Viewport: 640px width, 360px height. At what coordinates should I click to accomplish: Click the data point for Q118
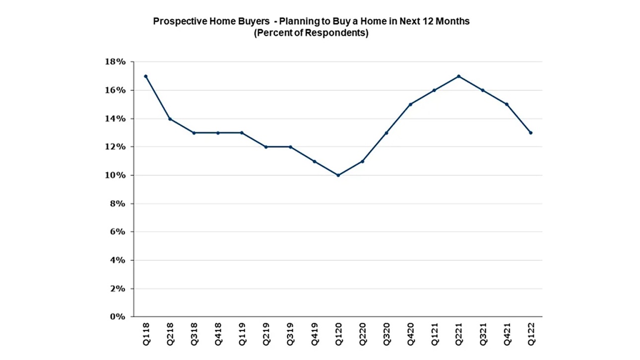pos(145,76)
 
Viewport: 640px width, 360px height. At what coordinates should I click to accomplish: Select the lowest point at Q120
pos(338,175)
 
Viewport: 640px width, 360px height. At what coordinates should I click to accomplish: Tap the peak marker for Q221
pos(459,76)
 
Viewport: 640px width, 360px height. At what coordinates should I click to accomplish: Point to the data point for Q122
pos(531,133)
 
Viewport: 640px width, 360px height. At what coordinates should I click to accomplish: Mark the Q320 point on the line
pos(386,133)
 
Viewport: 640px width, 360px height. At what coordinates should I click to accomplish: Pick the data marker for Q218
pos(170,119)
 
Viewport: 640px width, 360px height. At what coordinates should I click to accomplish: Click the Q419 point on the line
pos(314,161)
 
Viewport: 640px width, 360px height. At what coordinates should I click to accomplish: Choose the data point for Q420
pos(411,105)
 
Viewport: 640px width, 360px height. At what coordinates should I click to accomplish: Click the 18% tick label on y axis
pos(116,62)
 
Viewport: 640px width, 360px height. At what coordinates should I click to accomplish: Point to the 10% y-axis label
pos(116,176)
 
